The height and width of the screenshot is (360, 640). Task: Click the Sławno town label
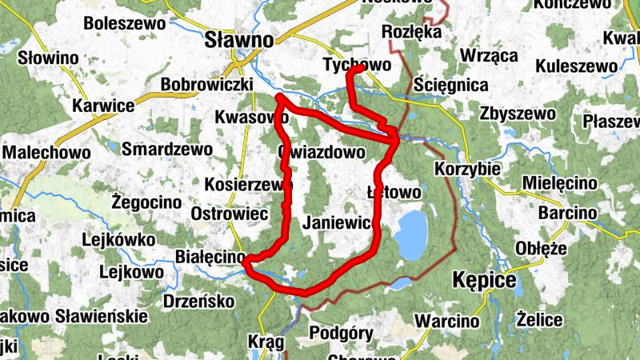pos(238,38)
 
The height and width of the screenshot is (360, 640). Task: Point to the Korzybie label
pos(468,170)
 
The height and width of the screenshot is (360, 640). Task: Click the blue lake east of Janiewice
pos(411,234)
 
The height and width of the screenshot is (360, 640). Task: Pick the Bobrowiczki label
pos(207,84)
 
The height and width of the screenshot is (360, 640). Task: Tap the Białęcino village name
pos(210,257)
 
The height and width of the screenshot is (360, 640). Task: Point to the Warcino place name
pos(448,322)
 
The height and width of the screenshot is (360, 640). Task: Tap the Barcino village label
pos(567,214)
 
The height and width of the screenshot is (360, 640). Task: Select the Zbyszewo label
pos(518,114)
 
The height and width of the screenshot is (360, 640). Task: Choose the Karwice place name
pos(102,106)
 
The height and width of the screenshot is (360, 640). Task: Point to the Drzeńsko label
pos(198,301)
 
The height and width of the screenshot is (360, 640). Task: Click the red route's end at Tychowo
pos(362,70)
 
